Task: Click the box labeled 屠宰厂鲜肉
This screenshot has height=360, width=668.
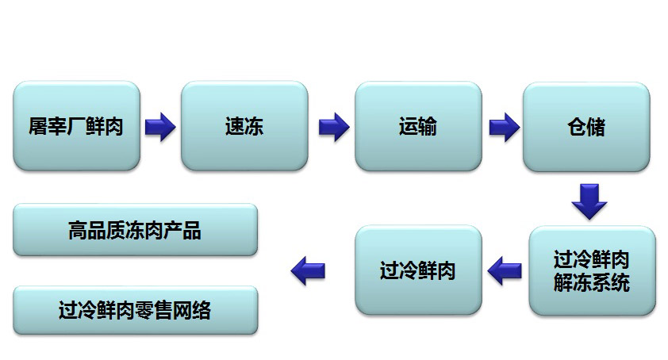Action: pos(76,126)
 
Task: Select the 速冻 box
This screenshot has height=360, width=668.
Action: pos(244,126)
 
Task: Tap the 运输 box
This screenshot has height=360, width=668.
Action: pos(417,126)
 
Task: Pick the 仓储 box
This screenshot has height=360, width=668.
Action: pos(585,126)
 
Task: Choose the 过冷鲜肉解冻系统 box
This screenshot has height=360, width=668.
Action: pos(592,271)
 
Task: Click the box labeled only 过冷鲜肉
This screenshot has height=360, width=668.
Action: pos(417,271)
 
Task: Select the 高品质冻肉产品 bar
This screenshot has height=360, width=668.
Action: pos(135,230)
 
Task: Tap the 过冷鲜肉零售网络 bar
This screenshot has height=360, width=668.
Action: pos(135,310)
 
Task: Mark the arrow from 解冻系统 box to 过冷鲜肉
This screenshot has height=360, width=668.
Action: pos(504,271)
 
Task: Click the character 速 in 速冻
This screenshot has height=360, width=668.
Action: pos(234,126)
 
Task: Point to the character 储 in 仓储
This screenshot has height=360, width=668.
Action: pos(595,126)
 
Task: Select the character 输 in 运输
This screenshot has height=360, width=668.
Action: pos(427,126)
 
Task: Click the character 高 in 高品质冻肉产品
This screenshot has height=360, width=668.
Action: pos(78,230)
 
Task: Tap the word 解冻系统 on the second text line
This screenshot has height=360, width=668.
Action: pos(592,281)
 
